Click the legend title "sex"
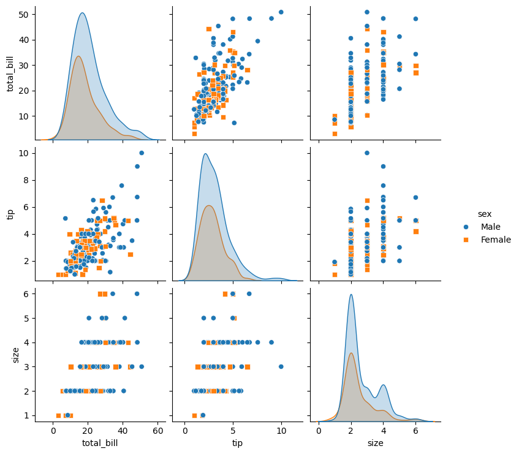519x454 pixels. (x=484, y=214)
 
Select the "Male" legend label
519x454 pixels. (x=491, y=227)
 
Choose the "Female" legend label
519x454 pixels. (x=496, y=240)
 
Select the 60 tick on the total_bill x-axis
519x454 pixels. (x=158, y=431)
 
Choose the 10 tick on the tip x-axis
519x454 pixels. (x=281, y=431)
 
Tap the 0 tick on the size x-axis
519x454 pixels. (x=319, y=431)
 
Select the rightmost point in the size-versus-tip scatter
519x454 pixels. (x=281, y=366)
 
